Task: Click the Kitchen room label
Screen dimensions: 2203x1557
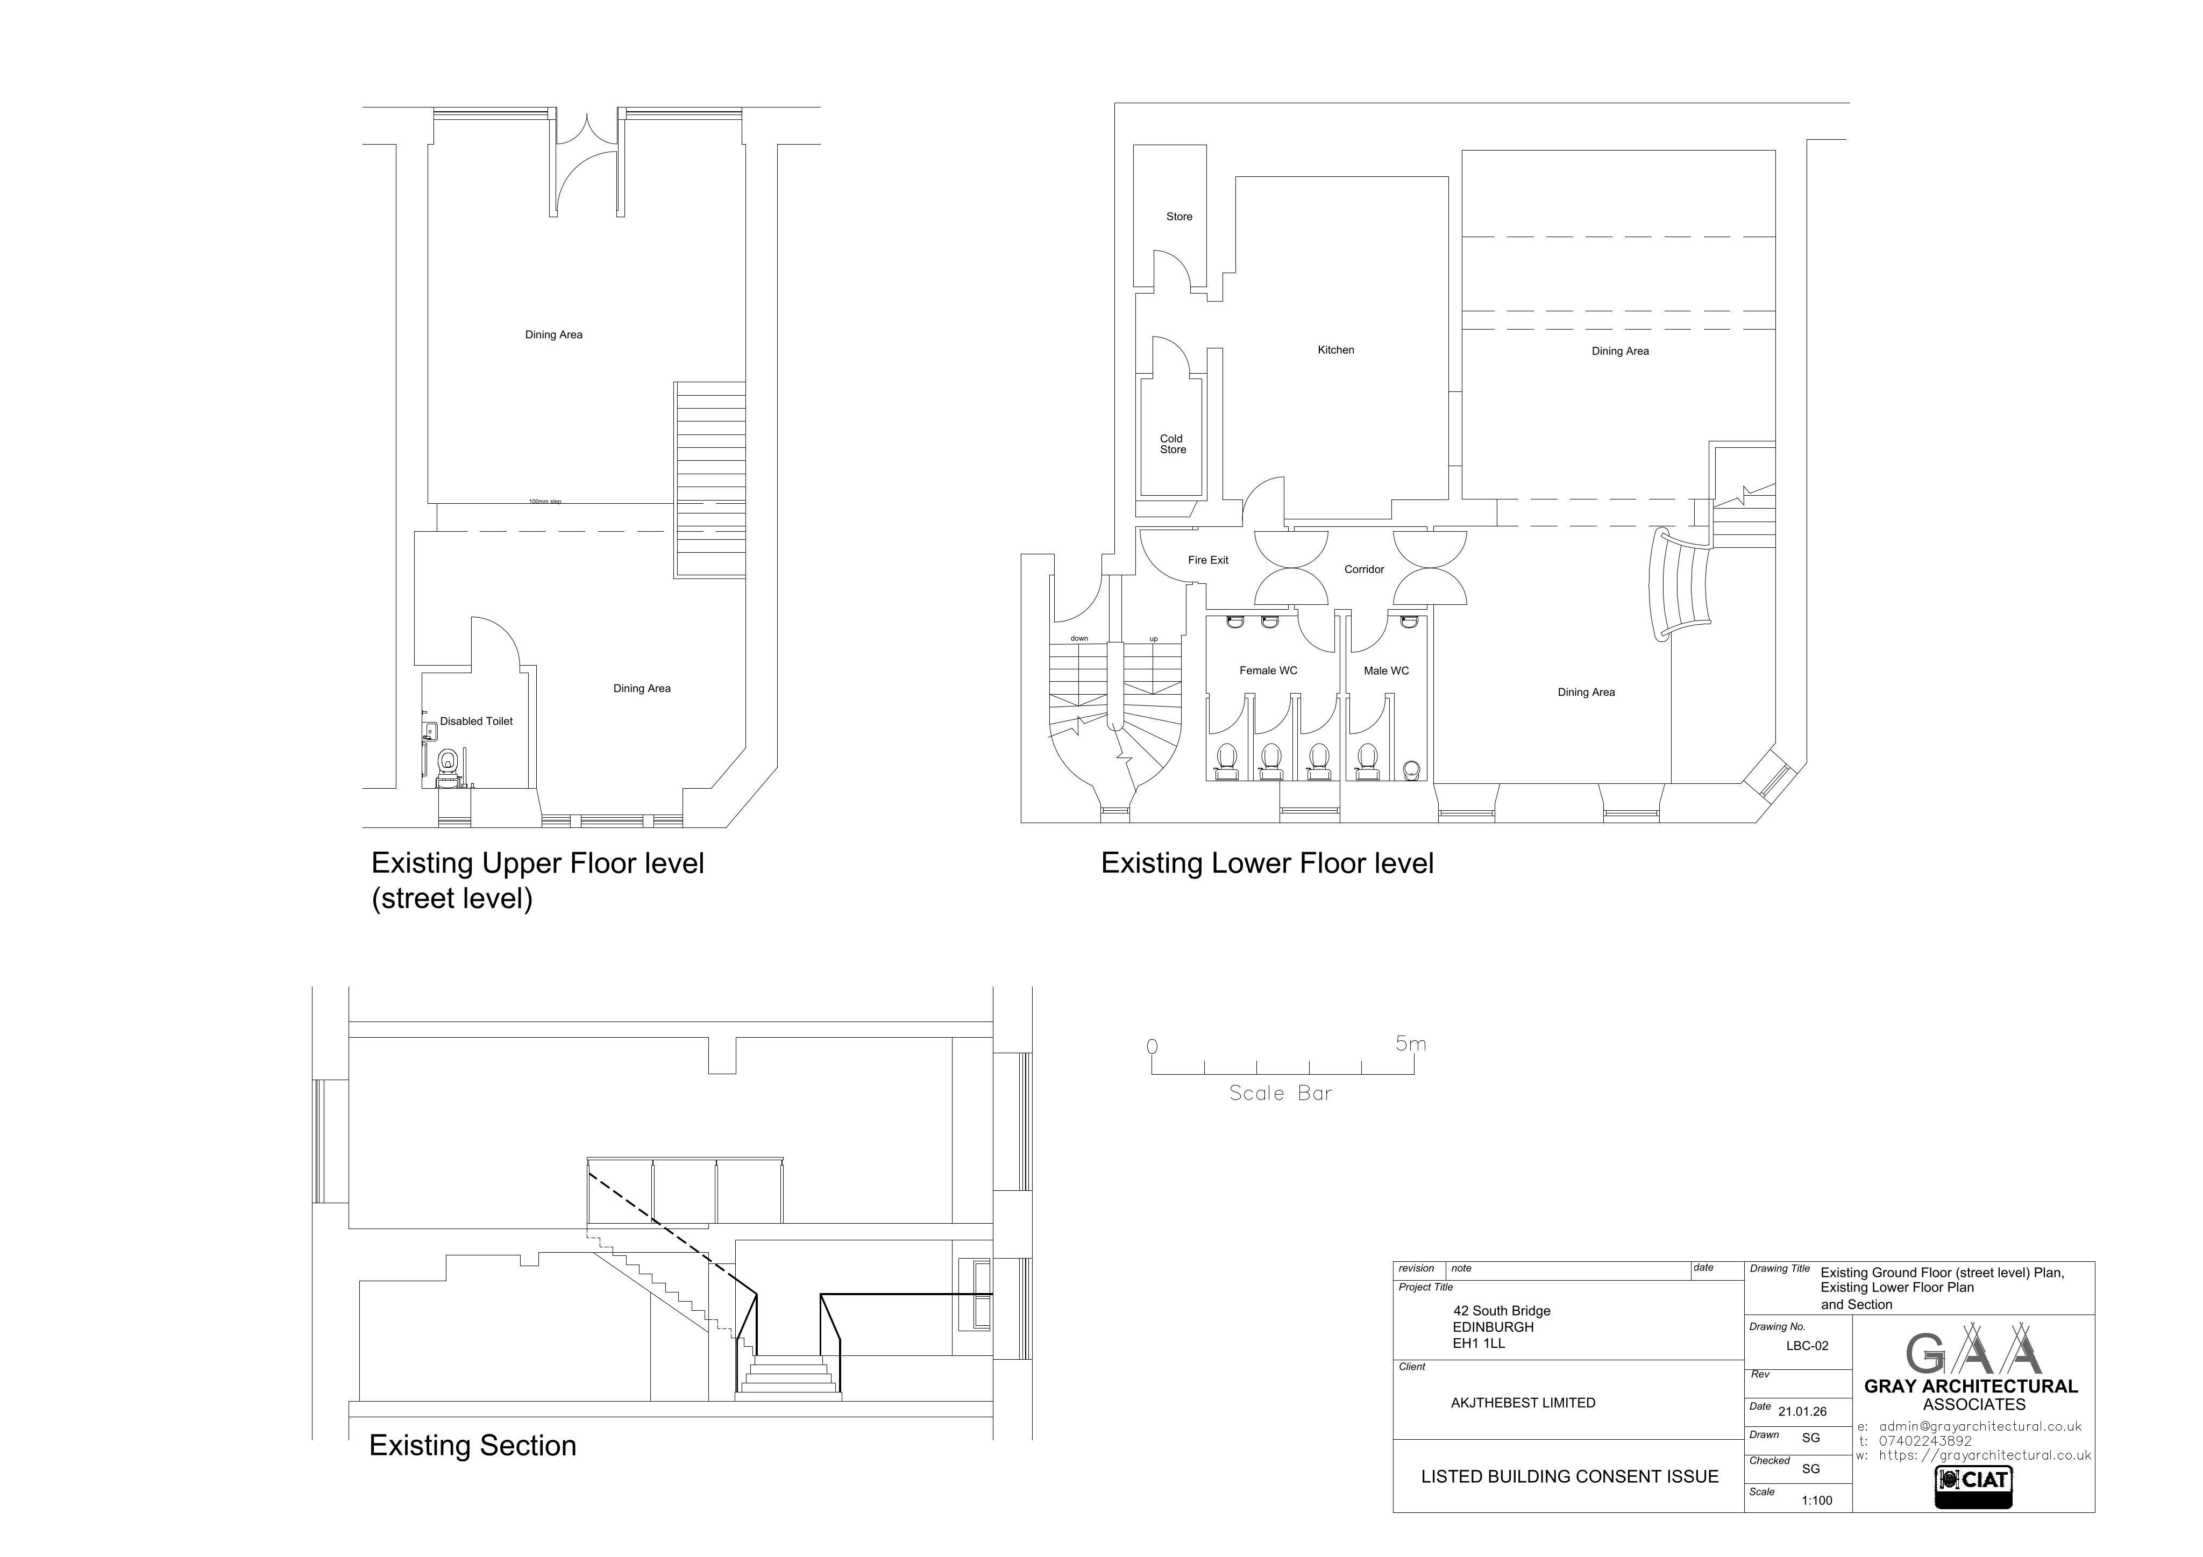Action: click(1335, 350)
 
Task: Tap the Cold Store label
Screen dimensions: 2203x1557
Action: click(1172, 444)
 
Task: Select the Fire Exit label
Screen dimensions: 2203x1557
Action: click(1208, 560)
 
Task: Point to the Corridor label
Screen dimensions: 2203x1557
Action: click(1365, 570)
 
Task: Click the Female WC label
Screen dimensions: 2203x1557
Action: click(1268, 670)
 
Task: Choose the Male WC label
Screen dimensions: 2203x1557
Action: click(1387, 670)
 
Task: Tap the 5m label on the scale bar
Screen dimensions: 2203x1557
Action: click(1410, 1044)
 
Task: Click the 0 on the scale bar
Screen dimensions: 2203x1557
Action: click(1153, 1047)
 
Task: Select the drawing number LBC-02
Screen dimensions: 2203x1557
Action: click(1808, 1346)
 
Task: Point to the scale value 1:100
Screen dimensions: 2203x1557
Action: click(1817, 1501)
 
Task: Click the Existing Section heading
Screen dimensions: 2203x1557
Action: click(473, 1446)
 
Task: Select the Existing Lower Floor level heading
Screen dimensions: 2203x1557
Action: click(1268, 863)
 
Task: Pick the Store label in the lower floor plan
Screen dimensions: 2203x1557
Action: click(1179, 217)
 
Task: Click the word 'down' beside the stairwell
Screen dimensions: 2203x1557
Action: click(1079, 639)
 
